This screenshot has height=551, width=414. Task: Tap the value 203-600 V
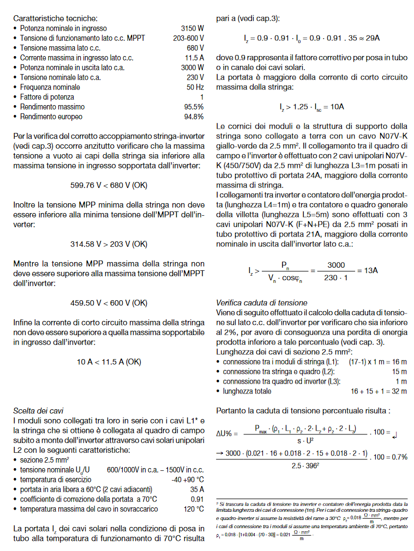pyautogui.click(x=188, y=38)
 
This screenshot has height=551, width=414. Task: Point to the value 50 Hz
pyautogui.click(x=195, y=87)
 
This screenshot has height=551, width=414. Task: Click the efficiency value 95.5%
pyautogui.click(x=194, y=107)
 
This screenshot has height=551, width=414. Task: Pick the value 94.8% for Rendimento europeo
pyautogui.click(x=194, y=117)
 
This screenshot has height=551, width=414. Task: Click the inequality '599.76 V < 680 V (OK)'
pyautogui.click(x=109, y=185)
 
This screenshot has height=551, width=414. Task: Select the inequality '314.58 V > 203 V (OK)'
pyautogui.click(x=109, y=244)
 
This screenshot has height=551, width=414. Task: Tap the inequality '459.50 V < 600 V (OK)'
pyautogui.click(x=109, y=302)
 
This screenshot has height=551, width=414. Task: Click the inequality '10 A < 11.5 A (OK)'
pyautogui.click(x=109, y=361)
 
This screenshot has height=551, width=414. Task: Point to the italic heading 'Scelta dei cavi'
pyautogui.click(x=38, y=410)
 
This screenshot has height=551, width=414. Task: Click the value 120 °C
pyautogui.click(x=193, y=509)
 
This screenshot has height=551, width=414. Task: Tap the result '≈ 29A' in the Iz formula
pyautogui.click(x=369, y=39)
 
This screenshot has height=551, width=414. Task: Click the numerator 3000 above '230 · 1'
pyautogui.click(x=336, y=265)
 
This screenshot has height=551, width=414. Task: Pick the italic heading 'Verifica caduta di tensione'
pyautogui.click(x=262, y=302)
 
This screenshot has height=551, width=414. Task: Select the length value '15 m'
pyautogui.click(x=399, y=371)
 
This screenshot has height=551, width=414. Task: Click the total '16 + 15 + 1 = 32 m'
pyautogui.click(x=379, y=391)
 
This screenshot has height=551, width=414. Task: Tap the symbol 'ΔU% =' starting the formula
pyautogui.click(x=228, y=433)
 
